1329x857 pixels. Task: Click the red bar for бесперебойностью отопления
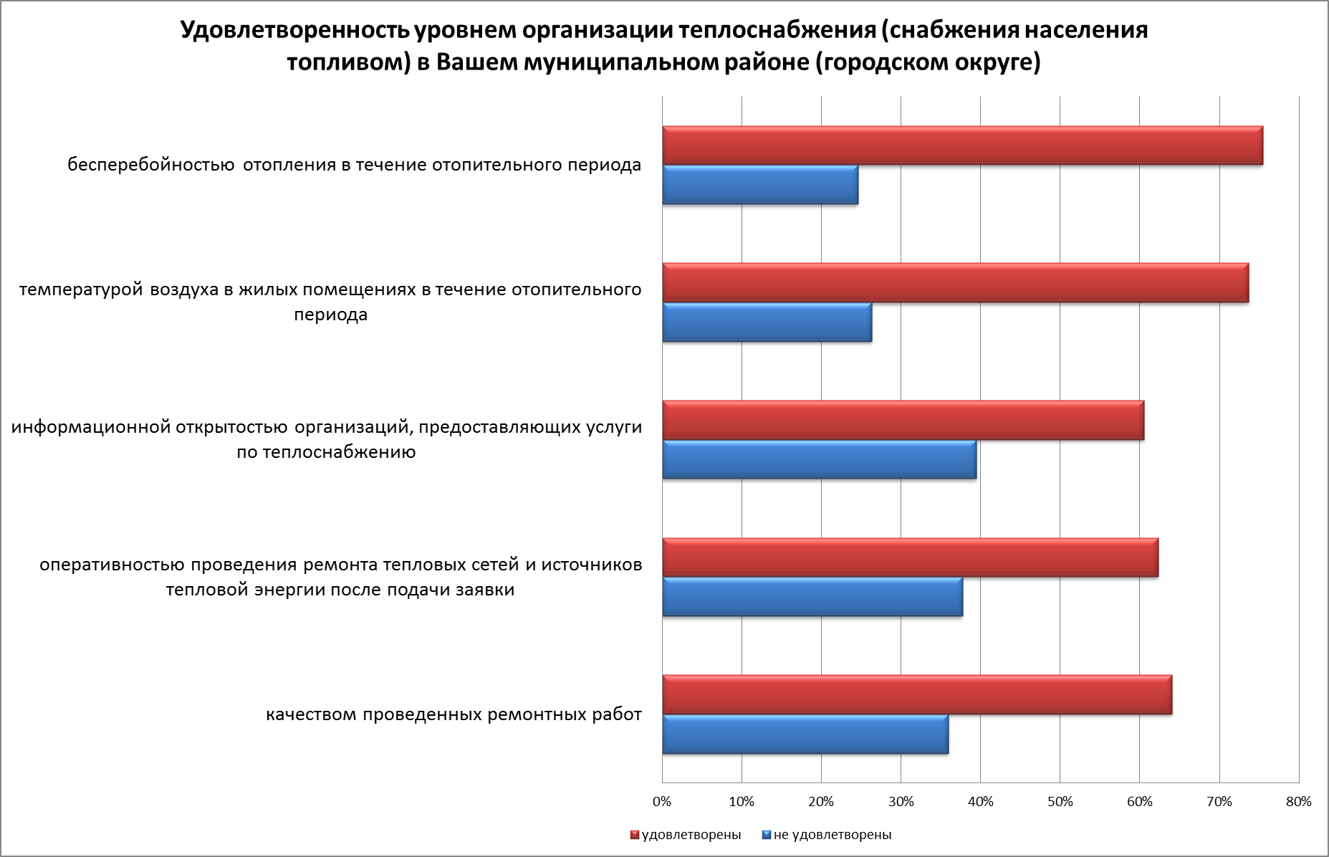point(962,146)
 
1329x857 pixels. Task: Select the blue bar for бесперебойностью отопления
point(760,185)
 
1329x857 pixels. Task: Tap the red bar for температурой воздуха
point(955,283)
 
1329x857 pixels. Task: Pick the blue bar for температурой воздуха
point(767,322)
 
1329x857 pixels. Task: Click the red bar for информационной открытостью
point(903,421)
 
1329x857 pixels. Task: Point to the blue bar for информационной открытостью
point(819,459)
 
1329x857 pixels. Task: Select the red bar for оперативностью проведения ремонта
point(910,557)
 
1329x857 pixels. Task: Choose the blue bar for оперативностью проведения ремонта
point(812,596)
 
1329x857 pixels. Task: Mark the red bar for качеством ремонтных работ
point(917,695)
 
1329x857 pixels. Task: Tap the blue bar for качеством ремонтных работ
point(805,734)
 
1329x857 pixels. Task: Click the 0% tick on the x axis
point(662,802)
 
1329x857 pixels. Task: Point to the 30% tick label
point(901,802)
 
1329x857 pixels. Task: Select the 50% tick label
point(1060,802)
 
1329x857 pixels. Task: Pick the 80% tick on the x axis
point(1298,802)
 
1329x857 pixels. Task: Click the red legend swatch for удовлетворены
point(634,835)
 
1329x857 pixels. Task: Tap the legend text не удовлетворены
point(833,835)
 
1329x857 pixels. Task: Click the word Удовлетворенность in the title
point(293,32)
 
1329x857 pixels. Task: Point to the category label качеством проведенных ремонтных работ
point(454,715)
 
